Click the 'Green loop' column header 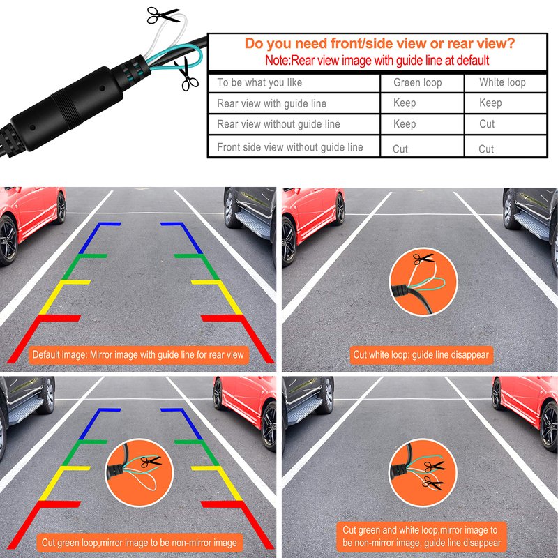(417, 82)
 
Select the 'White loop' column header (502, 82)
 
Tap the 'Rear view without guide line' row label (278, 124)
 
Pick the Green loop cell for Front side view (400, 149)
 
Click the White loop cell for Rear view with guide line (490, 103)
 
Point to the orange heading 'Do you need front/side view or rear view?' (379, 43)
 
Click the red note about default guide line (377, 60)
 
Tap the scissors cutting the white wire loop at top (163, 15)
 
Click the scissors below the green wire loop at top (186, 74)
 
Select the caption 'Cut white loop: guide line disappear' (421, 355)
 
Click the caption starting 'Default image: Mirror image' (138, 355)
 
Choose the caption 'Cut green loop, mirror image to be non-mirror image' (139, 543)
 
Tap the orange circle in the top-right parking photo (423, 282)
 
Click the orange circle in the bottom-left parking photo (139, 472)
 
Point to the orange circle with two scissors (423, 473)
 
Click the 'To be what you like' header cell (259, 82)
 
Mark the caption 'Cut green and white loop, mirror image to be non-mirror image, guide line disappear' (421, 536)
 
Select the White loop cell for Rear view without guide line (487, 124)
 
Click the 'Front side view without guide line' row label (290, 147)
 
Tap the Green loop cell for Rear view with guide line (405, 103)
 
